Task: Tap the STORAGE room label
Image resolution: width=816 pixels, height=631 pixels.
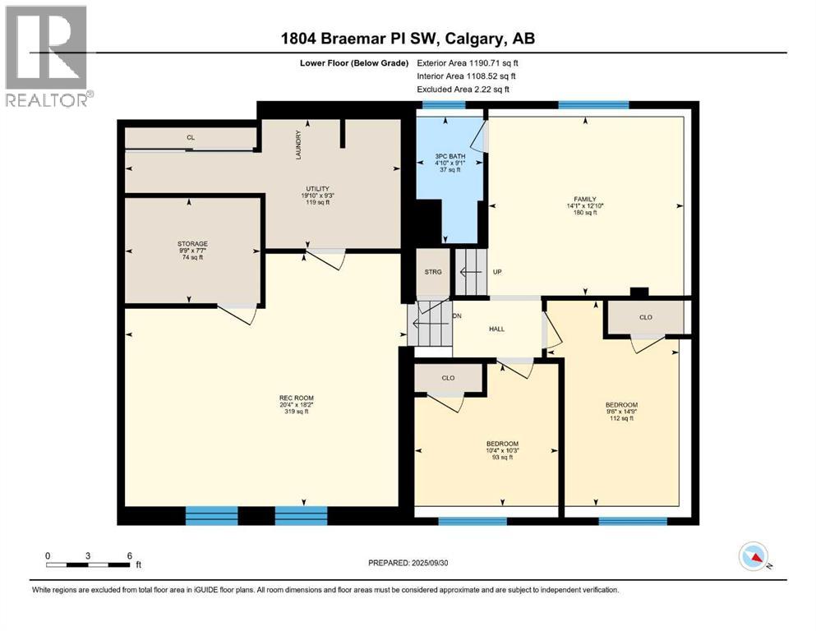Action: coord(192,244)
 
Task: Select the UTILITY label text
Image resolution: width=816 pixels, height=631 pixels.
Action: coord(318,189)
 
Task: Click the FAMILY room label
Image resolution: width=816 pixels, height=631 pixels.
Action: coord(584,199)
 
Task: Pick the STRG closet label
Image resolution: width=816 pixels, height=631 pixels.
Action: coord(433,271)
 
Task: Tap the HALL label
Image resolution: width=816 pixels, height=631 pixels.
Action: coord(496,329)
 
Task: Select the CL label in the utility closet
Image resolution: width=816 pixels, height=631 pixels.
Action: coord(190,137)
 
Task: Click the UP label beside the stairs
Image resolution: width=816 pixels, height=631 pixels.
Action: coord(497,272)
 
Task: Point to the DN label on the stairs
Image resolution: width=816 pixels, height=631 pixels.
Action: coord(457,316)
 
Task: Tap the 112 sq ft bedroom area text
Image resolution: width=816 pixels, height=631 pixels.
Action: coord(620,418)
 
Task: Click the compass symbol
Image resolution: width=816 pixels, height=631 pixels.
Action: coord(754,557)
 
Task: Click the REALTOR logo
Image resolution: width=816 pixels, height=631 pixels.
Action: coord(47,55)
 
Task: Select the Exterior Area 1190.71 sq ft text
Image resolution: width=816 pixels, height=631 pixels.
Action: coord(468,62)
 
